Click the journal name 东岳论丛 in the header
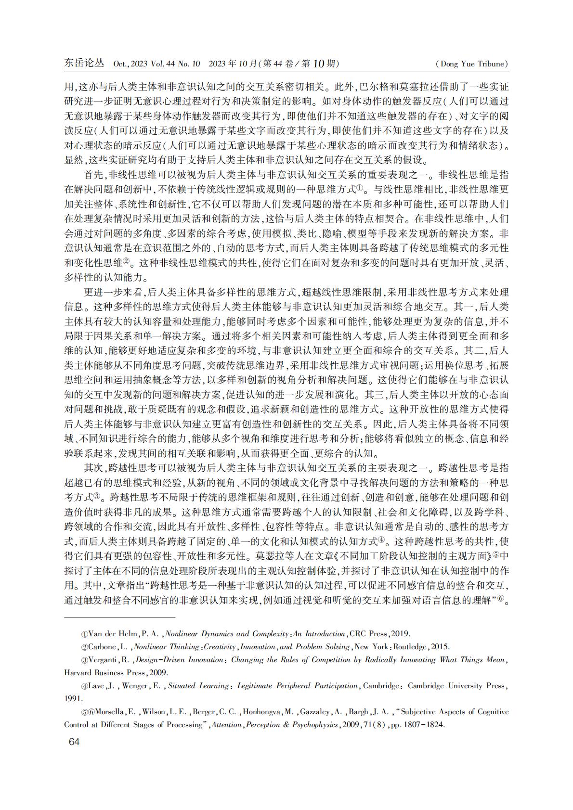coord(84,63)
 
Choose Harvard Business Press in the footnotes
coord(104,672)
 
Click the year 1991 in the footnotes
coord(73,698)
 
